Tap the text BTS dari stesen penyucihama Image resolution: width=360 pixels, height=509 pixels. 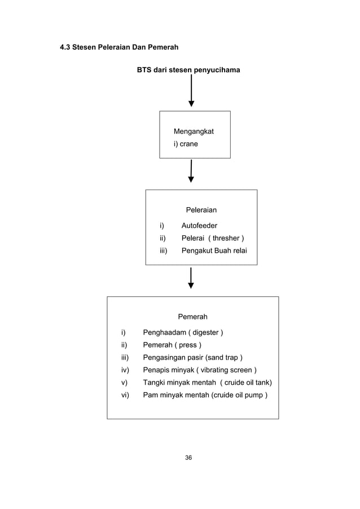point(188,70)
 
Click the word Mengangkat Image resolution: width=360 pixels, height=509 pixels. point(194,131)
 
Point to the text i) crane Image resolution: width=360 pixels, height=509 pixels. point(186,144)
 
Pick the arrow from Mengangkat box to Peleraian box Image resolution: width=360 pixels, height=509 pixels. point(191,170)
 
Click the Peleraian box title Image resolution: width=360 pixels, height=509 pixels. point(201,210)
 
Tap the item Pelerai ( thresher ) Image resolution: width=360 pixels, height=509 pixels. point(212,238)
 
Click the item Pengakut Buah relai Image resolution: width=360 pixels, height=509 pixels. point(214,251)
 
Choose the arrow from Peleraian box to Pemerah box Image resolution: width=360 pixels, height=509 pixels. point(191,278)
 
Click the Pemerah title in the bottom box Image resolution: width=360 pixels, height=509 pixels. point(192,317)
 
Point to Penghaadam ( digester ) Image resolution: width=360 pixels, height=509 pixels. point(183,332)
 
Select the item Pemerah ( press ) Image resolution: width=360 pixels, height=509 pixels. point(172,345)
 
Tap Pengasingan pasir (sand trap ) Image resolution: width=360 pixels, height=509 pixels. point(193,357)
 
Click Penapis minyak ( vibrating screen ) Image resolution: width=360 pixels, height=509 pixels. point(200,370)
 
